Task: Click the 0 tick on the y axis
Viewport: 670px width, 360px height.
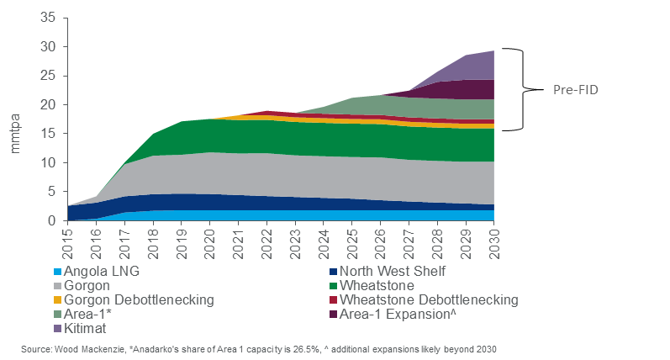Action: tap(52, 220)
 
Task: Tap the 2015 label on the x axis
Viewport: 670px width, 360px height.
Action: tap(68, 241)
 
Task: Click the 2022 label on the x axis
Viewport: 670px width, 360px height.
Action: tap(266, 241)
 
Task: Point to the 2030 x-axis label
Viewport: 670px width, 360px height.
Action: tap(493, 241)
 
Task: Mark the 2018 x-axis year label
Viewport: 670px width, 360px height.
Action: tap(153, 241)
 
